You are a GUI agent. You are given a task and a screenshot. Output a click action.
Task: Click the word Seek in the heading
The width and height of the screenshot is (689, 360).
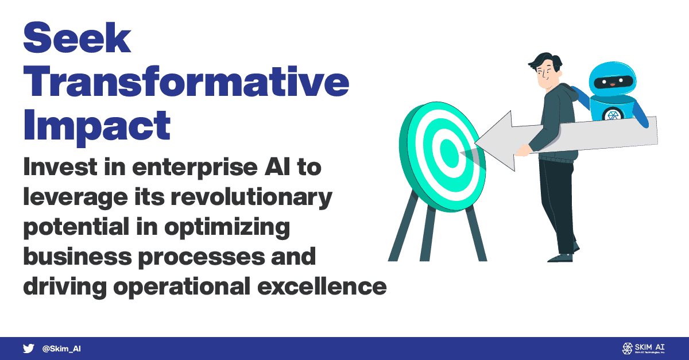77,37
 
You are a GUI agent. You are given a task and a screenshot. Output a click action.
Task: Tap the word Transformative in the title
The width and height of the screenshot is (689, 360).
186,81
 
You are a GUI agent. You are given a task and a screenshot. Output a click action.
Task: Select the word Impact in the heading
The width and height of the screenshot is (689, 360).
97,127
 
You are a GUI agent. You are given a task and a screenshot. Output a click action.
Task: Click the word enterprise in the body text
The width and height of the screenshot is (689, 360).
195,168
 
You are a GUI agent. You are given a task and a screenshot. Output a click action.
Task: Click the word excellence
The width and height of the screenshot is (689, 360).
322,287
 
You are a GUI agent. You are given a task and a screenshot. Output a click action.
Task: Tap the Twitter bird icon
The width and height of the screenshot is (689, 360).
28,349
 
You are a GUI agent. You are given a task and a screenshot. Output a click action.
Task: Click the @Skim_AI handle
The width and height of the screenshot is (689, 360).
61,349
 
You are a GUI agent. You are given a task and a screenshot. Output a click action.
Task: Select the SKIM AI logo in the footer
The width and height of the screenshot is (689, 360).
643,349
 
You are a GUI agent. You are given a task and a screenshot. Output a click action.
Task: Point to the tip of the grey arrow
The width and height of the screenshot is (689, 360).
475,143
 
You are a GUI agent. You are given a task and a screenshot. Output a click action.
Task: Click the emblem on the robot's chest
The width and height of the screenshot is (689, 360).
613,115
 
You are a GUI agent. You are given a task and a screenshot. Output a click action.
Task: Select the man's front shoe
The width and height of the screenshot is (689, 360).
560,258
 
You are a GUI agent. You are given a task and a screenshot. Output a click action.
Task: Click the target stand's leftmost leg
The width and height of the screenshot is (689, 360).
402,226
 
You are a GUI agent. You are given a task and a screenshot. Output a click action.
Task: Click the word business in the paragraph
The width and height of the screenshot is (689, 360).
78,256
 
